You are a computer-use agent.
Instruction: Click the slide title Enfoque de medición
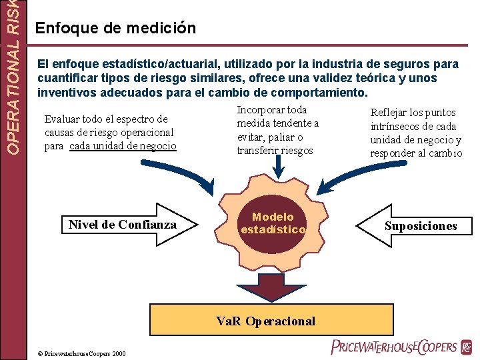click(115, 28)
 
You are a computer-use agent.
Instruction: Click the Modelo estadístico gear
click(273, 223)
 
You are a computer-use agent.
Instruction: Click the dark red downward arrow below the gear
click(265, 287)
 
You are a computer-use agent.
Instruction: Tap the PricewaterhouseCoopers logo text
click(393, 347)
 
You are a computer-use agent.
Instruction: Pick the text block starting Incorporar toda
click(277, 130)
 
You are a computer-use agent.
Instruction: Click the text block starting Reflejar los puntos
click(416, 133)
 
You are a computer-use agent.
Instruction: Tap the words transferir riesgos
click(275, 150)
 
